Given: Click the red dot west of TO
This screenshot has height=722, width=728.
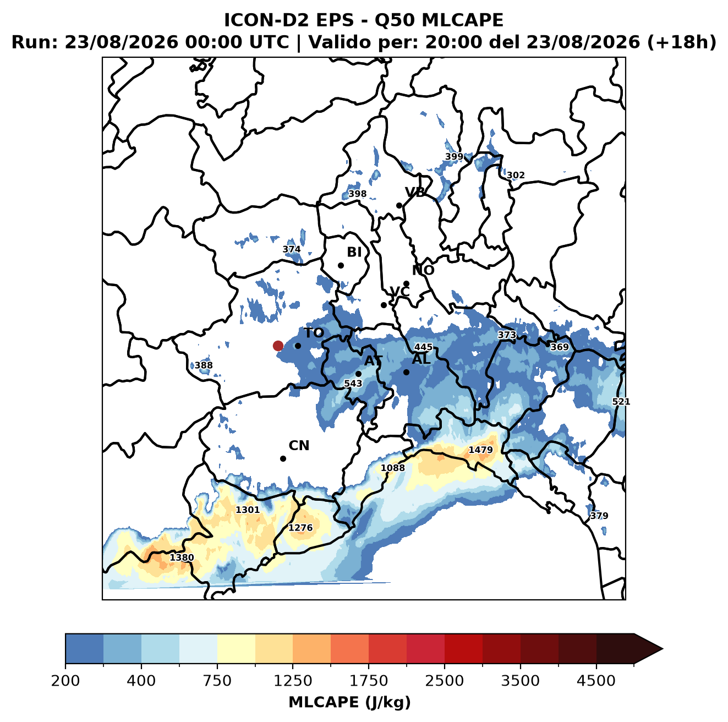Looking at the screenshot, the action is [278, 346].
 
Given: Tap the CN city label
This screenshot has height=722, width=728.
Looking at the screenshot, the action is [299, 446].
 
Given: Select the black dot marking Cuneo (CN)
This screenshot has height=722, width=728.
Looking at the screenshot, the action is [283, 458].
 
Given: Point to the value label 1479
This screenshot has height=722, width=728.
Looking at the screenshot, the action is [480, 450].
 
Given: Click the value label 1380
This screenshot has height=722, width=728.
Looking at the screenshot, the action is [182, 557].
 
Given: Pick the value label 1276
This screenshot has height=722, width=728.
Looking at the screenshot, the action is [300, 528].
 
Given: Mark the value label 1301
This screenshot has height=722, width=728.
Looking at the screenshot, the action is [248, 510].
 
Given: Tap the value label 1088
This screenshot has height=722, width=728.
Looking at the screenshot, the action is [392, 468].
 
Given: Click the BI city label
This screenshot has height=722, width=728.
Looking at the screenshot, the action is [354, 252].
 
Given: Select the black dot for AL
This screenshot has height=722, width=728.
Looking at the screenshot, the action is [406, 372].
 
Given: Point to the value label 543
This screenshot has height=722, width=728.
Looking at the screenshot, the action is [353, 384].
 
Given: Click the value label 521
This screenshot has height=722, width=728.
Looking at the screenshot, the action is [621, 402].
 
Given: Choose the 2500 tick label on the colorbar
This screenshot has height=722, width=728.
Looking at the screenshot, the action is [444, 681].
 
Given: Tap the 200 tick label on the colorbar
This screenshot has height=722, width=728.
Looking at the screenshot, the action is [65, 681].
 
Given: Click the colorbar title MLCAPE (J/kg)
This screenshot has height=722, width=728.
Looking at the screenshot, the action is [349, 702].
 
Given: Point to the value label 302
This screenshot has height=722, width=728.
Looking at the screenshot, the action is [516, 176].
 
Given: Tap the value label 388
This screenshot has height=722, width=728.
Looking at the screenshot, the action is [204, 365].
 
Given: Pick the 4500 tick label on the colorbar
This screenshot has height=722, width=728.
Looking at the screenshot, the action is [596, 681].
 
